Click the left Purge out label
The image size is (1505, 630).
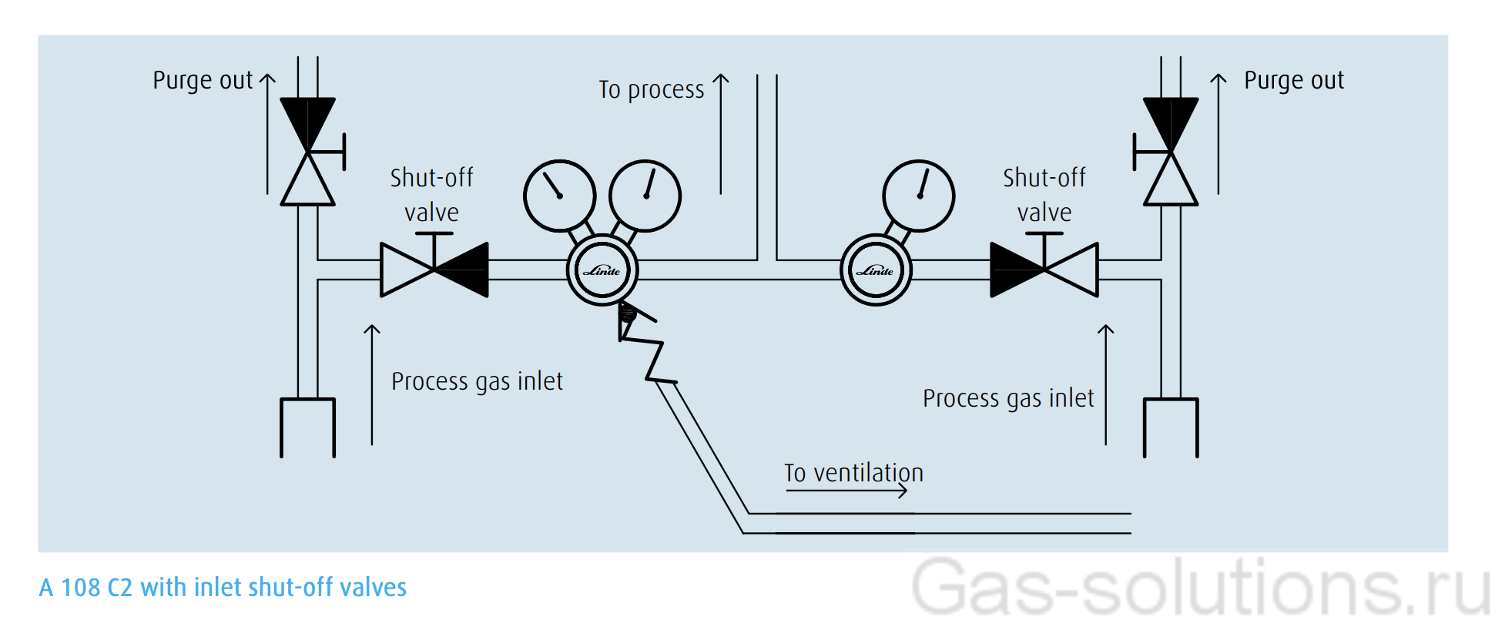pyautogui.click(x=203, y=80)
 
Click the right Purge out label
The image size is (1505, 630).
pyautogui.click(x=1294, y=80)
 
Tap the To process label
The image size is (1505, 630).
pyautogui.click(x=652, y=89)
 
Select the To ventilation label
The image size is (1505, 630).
pyautogui.click(x=853, y=472)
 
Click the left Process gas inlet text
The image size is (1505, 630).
pyautogui.click(x=477, y=381)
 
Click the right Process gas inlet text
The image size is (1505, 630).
pyautogui.click(x=1008, y=398)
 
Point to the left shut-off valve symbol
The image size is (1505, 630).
pyautogui.click(x=434, y=269)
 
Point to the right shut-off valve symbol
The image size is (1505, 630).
pyautogui.click(x=1044, y=269)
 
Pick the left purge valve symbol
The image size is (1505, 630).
pyautogui.click(x=308, y=152)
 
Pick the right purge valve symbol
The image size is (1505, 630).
pyautogui.click(x=1171, y=152)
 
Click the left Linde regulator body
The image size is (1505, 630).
pyautogui.click(x=602, y=270)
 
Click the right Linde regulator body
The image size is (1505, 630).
pyautogui.click(x=876, y=270)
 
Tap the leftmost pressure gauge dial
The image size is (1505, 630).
pyautogui.click(x=560, y=196)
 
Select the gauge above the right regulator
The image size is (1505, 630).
pyautogui.click(x=919, y=196)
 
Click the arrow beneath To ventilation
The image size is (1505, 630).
pyautogui.click(x=846, y=491)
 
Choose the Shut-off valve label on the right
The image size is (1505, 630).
pyautogui.click(x=1044, y=195)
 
